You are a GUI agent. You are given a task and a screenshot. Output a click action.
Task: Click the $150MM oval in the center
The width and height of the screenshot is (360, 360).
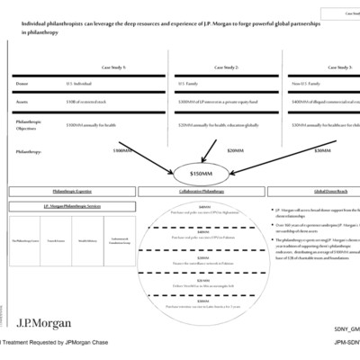click(200, 171)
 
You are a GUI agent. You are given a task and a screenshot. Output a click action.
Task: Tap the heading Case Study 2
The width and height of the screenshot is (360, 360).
click(214, 67)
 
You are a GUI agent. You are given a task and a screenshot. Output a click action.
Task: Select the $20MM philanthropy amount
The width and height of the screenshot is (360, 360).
click(235, 151)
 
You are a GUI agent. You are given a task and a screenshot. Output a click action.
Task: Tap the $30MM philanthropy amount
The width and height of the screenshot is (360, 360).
click(321, 151)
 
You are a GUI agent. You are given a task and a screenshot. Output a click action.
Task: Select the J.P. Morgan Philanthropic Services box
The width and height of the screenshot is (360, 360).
click(71, 206)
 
